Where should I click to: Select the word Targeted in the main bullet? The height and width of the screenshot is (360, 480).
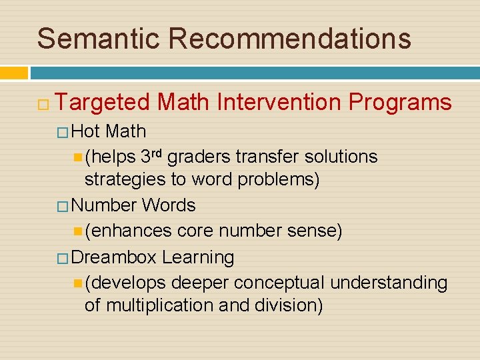(103, 103)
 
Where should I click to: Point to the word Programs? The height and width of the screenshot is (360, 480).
(400, 103)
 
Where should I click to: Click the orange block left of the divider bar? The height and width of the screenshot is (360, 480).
(14, 73)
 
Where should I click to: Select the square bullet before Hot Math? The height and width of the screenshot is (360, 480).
(63, 132)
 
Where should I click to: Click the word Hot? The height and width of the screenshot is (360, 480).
(85, 131)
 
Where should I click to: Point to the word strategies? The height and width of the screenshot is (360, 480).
(121, 181)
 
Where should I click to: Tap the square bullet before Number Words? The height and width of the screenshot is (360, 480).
(63, 206)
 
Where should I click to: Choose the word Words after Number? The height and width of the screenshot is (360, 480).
(169, 205)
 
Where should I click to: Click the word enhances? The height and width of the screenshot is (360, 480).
(131, 231)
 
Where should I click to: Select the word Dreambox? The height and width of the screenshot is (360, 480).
(113, 257)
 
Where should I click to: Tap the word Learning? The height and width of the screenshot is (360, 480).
(198, 257)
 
